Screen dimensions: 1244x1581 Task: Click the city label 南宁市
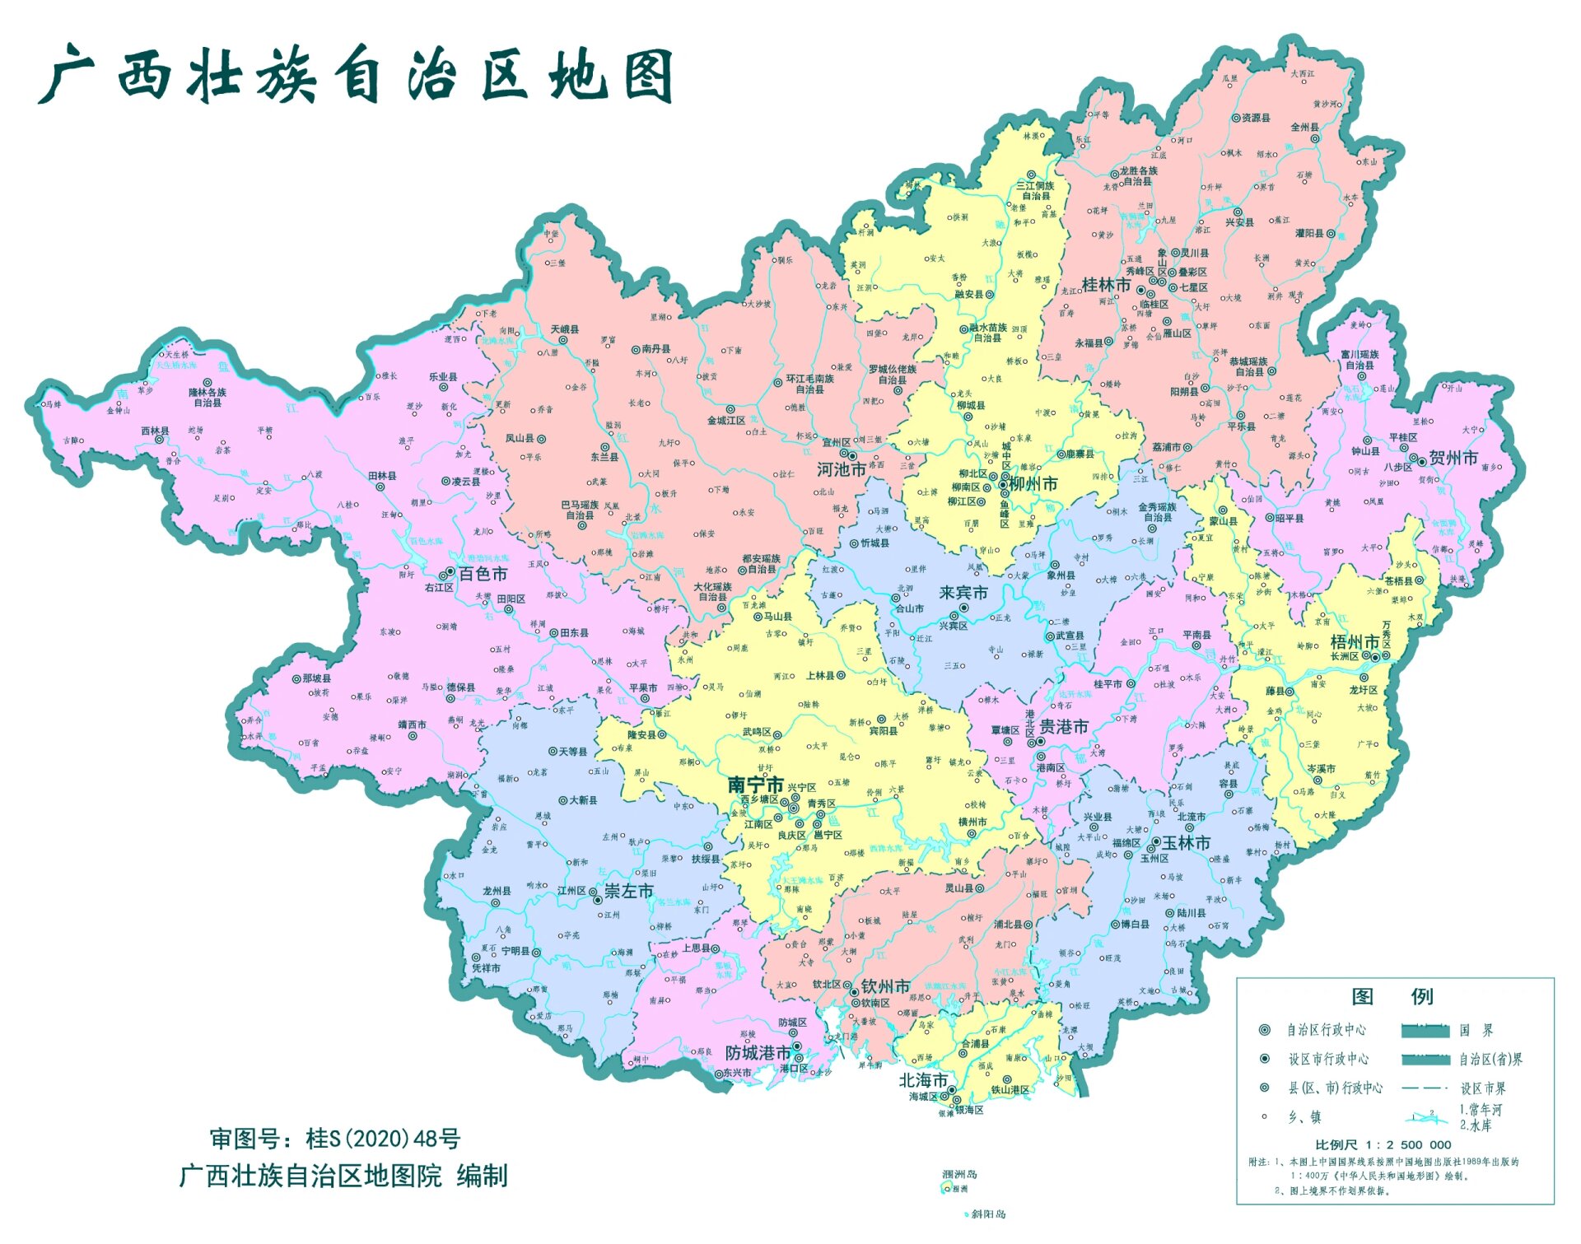coord(754,785)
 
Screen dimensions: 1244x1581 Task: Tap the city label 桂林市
coord(1105,285)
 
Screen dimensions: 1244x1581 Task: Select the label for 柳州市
coord(1033,484)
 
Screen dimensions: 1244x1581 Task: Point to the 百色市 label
coord(483,574)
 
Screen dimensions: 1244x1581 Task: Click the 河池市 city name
coord(841,469)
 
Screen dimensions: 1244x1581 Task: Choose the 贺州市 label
coord(1453,458)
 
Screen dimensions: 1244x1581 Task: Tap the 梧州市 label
coord(1355,641)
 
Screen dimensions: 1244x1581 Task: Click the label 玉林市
coord(1186,843)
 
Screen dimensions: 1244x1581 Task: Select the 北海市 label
coord(922,1080)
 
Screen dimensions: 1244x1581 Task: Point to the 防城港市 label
coord(758,1053)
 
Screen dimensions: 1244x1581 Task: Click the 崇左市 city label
coord(628,891)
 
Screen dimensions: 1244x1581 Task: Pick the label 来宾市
coord(963,593)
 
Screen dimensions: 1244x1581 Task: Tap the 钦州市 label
coord(885,985)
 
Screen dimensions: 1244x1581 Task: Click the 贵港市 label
coord(1064,726)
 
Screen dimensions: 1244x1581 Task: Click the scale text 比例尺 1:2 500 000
coord(1383,1144)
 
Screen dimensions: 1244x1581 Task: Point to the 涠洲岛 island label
coord(959,1174)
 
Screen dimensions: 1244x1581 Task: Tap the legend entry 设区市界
coord(1483,1088)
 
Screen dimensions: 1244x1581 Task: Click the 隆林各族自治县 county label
coord(208,398)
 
